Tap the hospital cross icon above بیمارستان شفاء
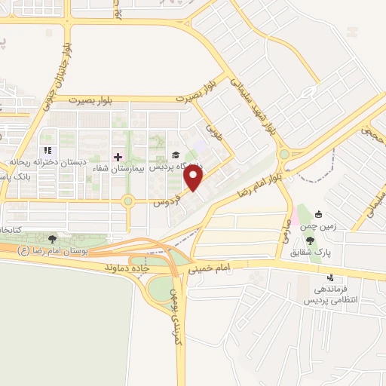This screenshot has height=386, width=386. click(x=118, y=157)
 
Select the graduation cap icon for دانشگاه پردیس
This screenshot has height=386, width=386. click(x=176, y=156)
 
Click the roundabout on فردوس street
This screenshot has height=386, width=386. click(x=128, y=201)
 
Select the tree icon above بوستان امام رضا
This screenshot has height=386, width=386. click(x=51, y=240)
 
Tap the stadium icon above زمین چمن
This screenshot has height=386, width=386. click(x=320, y=213)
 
